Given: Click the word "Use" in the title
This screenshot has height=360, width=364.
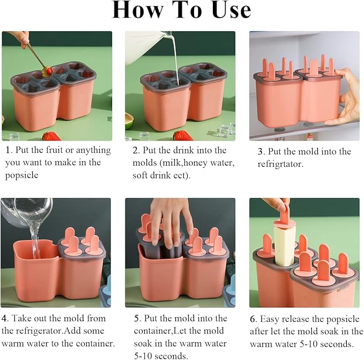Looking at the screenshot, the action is [x=231, y=10].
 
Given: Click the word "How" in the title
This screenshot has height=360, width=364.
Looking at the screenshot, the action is [x=138, y=10].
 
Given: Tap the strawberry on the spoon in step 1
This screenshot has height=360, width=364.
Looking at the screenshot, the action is [x=48, y=71].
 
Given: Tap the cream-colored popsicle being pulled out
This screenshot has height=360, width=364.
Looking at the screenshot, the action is [x=284, y=244].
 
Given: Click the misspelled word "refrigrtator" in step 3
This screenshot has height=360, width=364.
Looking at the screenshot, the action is [x=280, y=164].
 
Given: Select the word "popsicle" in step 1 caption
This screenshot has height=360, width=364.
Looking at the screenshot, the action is [x=21, y=175].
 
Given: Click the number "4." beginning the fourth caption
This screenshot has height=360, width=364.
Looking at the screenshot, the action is [x=5, y=318].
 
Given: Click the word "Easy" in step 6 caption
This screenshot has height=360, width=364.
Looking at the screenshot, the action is [x=269, y=319].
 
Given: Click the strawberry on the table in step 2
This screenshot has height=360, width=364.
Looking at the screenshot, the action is [x=183, y=135].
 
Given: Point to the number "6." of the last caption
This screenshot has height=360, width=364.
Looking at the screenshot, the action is [x=254, y=319].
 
